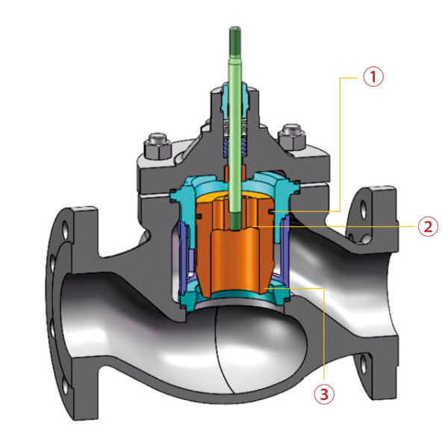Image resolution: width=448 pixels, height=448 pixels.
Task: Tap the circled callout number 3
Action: (323, 393)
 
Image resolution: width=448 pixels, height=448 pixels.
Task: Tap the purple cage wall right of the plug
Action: (288, 250)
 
